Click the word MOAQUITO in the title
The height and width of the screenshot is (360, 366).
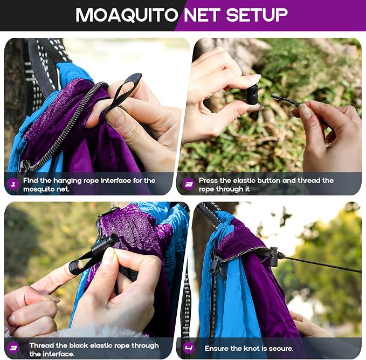[x=127, y=15]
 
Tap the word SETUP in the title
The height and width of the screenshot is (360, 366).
[x=257, y=15]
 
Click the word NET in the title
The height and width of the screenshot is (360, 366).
[x=202, y=15]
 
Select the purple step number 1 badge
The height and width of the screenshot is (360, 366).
[x=13, y=184]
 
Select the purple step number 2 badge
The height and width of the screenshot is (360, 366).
[x=189, y=184]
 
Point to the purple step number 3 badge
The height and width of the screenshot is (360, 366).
[x=13, y=348]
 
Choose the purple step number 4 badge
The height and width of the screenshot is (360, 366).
[x=189, y=348]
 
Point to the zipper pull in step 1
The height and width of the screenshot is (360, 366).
[x=24, y=166]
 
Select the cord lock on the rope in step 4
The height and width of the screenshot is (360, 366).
[x=274, y=257]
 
